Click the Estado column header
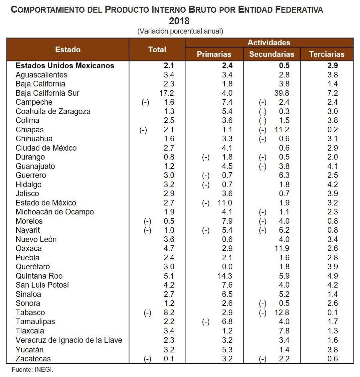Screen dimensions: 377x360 click(68, 50)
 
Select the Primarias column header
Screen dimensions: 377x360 click(214, 54)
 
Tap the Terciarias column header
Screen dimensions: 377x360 click(326, 54)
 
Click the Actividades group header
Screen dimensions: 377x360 click(269, 43)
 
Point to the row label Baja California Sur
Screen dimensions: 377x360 click(48, 93)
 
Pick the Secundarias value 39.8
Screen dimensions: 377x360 click(282, 93)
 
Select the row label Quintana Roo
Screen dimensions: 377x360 click(39, 276)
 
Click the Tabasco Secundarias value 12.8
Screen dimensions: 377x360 click(282, 313)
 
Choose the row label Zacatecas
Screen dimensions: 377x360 click(33, 359)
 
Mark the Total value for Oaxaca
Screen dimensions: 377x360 click(169, 248)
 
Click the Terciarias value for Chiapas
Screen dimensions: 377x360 click(332, 130)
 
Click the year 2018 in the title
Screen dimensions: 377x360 click(179, 21)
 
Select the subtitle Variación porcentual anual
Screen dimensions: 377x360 click(180, 31)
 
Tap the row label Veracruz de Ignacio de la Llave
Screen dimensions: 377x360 click(69, 340)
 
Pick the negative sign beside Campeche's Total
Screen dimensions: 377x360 click(145, 102)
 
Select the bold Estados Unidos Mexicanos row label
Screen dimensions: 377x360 click(65, 65)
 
